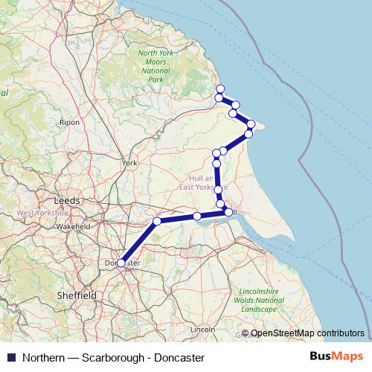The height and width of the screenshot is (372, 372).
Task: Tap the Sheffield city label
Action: (x=77, y=295)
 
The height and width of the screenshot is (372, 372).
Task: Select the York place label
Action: (x=130, y=163)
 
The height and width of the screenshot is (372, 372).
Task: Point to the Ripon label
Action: (x=69, y=122)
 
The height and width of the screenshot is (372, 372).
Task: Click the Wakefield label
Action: (x=72, y=225)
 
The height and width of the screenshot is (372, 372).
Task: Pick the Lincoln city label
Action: (x=202, y=328)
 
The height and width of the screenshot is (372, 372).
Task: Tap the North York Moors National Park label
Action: (x=155, y=65)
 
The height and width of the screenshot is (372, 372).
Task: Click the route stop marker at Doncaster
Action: (x=121, y=263)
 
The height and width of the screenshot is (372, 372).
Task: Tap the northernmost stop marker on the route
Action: (x=220, y=89)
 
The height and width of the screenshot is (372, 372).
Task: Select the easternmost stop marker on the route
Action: (x=251, y=124)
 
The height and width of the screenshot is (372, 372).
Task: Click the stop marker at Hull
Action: (x=228, y=213)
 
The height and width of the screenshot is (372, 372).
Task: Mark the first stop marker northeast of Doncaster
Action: (x=157, y=221)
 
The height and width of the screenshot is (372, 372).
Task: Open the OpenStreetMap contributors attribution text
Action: (x=307, y=333)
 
